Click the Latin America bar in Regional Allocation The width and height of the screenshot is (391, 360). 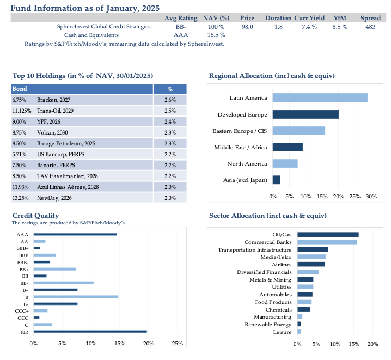tap(320, 97)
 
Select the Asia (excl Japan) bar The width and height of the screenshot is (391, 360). tap(277, 180)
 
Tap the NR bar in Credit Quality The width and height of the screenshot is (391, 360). tap(90, 332)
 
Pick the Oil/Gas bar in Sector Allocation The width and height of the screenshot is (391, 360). tap(328, 235)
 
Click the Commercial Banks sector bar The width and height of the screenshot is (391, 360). tap(327, 242)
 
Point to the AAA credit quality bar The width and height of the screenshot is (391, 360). tap(75, 234)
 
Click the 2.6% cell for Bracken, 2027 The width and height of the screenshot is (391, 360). tap(170, 100)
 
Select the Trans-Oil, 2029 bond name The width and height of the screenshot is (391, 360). tap(55, 111)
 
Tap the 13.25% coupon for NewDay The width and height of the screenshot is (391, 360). tap(21, 198)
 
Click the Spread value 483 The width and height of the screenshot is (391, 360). tap(370, 27)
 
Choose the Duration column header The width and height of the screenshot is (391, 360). tap(278, 18)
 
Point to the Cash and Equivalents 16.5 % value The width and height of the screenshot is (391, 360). tap(216, 35)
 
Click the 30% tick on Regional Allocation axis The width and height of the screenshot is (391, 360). tap(371, 197)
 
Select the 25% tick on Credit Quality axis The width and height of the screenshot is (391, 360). tap(178, 344)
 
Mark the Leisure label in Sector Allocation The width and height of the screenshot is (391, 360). tap(282, 332)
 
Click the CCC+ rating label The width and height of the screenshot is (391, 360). tap(22, 311)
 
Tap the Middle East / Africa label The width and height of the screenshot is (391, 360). tap(241, 148)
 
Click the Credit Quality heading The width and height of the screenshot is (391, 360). tap(35, 216)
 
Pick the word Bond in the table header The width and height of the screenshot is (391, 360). tap(20, 89)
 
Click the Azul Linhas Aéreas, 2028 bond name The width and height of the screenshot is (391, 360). tap(68, 187)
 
